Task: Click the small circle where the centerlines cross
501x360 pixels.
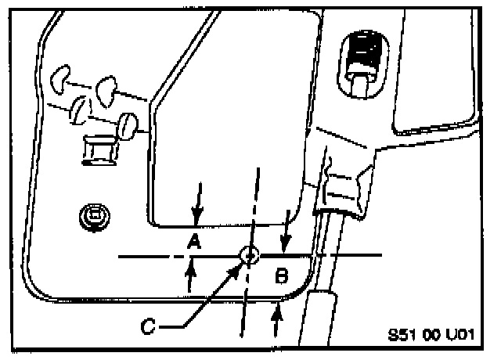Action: (x=249, y=255)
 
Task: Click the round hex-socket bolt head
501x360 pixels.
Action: (x=95, y=214)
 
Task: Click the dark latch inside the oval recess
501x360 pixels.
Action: (x=364, y=55)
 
